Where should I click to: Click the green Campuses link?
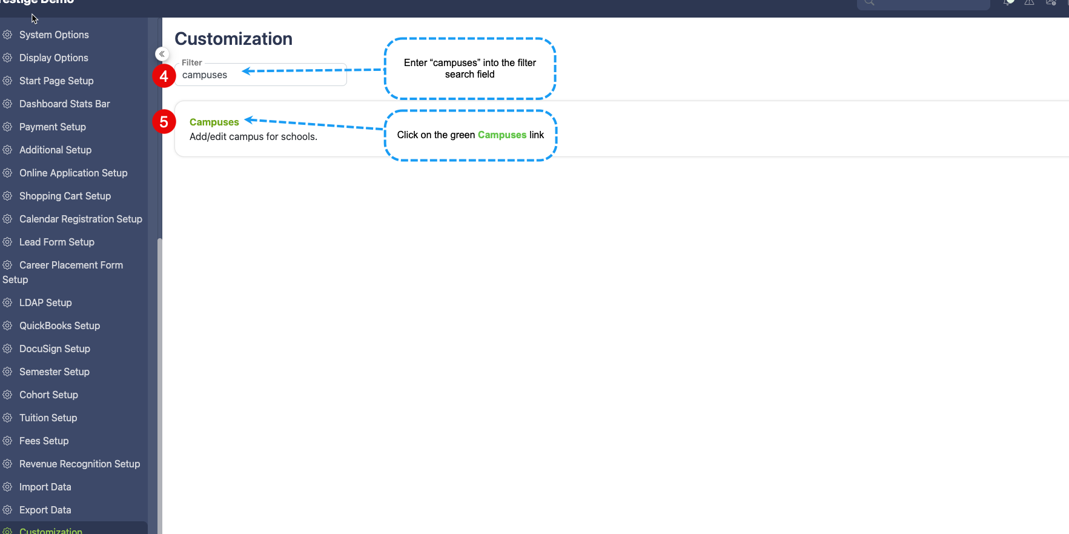(214, 122)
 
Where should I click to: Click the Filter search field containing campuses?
(260, 75)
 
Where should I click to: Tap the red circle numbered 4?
(164, 76)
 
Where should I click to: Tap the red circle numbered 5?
(164, 122)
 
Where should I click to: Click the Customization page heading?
(233, 39)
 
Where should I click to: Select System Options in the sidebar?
(54, 35)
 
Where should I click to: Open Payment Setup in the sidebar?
(53, 127)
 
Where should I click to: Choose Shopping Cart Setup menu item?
(65, 196)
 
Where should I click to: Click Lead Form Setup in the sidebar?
(57, 242)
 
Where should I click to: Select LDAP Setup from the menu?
(45, 302)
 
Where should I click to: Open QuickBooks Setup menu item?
(59, 325)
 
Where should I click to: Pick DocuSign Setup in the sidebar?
(55, 349)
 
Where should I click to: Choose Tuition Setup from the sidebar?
(48, 418)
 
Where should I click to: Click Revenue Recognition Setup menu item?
(79, 464)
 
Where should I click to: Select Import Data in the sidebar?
(45, 487)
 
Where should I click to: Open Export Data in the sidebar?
(45, 510)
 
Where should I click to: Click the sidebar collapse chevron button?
(162, 54)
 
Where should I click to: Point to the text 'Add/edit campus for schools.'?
(253, 136)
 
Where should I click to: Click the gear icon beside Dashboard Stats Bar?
(7, 104)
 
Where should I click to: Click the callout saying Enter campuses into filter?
(470, 68)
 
